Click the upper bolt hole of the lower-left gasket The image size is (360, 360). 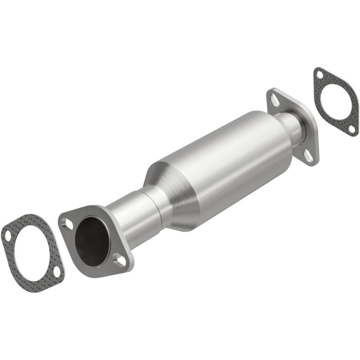pos(8,234)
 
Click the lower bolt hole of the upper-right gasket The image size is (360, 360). pos(351,129)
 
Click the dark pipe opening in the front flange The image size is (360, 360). pos(92,239)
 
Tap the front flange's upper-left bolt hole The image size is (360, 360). pos(67,222)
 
